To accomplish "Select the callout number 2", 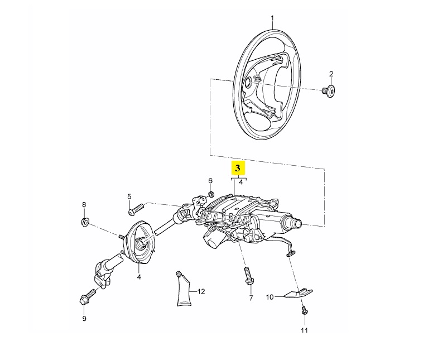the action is [331, 74].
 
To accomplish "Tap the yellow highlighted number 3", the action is [237, 167].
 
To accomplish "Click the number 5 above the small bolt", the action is [129, 196].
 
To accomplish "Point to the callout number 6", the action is [210, 180].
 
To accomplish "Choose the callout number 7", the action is [251, 298].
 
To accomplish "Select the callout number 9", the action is [84, 319].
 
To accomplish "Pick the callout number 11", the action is [304, 330].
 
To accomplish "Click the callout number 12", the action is [201, 291].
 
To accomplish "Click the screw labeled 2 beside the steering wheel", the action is [329, 91].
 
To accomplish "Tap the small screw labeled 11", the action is [305, 310].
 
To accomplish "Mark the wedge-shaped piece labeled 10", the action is [296, 294].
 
